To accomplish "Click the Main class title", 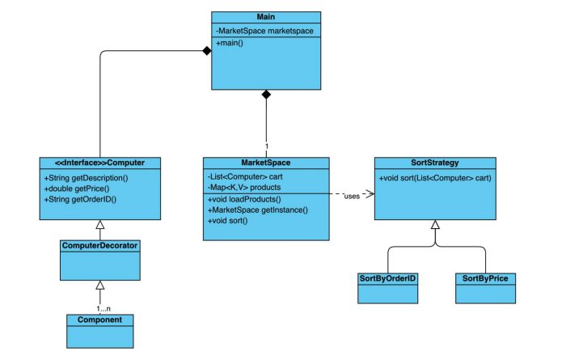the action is click(x=266, y=17).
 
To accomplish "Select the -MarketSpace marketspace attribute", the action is click(x=264, y=31).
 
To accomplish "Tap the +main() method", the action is click(x=230, y=43).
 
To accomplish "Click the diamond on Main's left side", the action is click(x=207, y=50).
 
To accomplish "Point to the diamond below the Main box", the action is click(x=266, y=95).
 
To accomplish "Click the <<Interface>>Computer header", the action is click(x=99, y=163).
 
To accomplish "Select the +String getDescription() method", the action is click(x=86, y=178).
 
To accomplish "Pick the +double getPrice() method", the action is click(x=77, y=188).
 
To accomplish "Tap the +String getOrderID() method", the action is click(x=80, y=199).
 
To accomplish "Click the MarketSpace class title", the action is click(x=266, y=163).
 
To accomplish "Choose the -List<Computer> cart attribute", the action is click(x=245, y=177).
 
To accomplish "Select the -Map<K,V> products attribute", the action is click(x=243, y=188).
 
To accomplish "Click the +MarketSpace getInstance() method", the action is click(x=258, y=210).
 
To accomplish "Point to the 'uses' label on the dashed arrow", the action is click(x=352, y=197).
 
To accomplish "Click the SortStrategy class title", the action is click(x=435, y=163).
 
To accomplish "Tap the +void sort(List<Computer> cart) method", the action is click(x=435, y=178).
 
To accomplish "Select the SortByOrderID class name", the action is click(x=387, y=278).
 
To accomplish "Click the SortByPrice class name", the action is click(x=485, y=278).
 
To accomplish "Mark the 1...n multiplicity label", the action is click(x=103, y=309).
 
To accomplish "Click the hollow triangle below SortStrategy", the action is click(x=435, y=224).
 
